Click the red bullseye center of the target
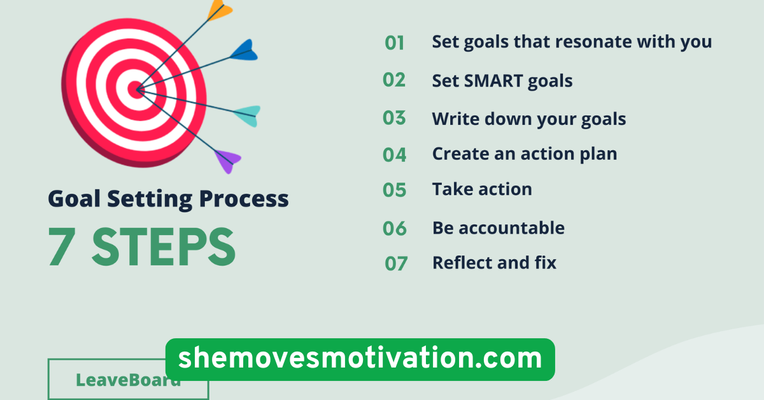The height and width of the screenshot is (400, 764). [x=135, y=90]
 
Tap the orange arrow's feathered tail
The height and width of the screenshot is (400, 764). [x=220, y=9]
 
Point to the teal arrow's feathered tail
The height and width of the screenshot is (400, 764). [x=247, y=115]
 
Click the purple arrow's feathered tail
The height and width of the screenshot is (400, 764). [x=227, y=160]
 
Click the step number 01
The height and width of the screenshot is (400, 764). [x=395, y=43]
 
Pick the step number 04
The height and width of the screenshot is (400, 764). [x=395, y=155]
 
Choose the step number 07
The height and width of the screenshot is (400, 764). [x=395, y=263]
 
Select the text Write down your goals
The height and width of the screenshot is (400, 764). [x=529, y=119]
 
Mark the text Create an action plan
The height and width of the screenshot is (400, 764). [x=525, y=154]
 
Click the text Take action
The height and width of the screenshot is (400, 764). [x=482, y=189]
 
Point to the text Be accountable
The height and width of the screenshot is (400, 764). [x=499, y=227]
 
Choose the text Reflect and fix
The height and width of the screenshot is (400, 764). [x=494, y=262]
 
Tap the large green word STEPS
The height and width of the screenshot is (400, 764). [x=164, y=248]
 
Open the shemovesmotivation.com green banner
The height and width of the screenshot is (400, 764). [x=360, y=359]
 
